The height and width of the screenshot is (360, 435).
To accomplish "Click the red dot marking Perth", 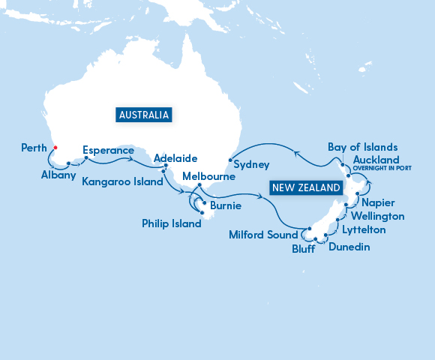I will click(x=55, y=148).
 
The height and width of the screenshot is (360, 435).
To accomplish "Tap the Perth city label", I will click(x=33, y=148).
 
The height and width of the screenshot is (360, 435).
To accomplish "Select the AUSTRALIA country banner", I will click(x=145, y=115).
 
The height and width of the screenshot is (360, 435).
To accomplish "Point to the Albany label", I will click(x=58, y=175).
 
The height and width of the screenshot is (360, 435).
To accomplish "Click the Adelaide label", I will click(x=175, y=159).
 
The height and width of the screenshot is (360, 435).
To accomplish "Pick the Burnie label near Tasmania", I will click(x=226, y=205).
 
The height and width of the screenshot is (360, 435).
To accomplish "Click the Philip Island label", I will click(x=171, y=223).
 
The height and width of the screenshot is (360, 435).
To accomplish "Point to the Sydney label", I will click(x=251, y=164).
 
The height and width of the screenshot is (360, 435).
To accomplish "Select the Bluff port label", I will click(x=304, y=247).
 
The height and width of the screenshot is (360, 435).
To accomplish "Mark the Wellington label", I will click(x=379, y=216).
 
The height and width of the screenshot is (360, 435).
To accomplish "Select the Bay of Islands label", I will click(x=363, y=147).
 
